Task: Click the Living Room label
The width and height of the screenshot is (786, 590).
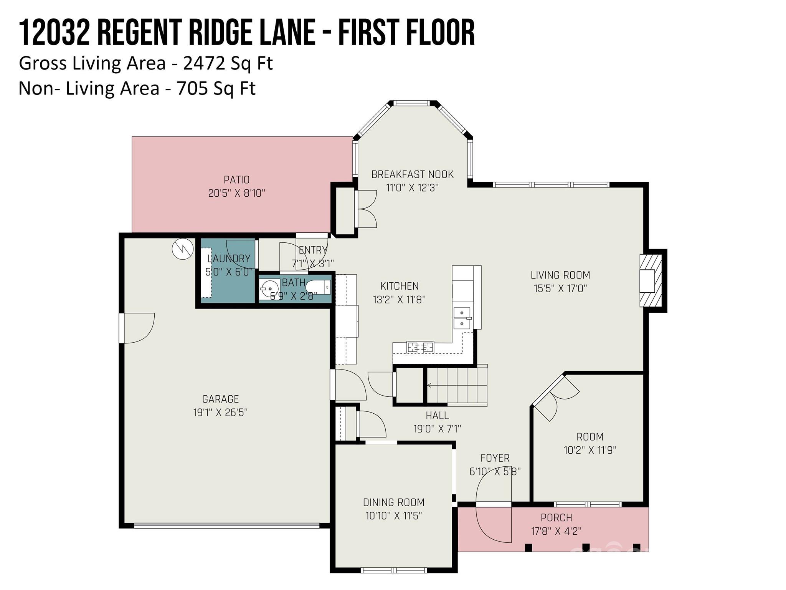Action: pos(560,275)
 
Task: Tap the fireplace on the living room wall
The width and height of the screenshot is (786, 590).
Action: pos(651,280)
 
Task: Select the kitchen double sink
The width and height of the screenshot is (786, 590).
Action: pos(462,318)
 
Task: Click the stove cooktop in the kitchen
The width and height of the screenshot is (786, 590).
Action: pos(420,347)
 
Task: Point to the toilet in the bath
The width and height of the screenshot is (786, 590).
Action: pos(318,287)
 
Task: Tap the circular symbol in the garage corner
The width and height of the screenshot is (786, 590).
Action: pos(182,249)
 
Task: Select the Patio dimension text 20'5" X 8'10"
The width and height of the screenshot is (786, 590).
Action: pos(237,193)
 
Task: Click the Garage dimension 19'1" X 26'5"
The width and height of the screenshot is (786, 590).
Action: pos(220,413)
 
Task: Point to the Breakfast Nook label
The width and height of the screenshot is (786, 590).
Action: pos(413,174)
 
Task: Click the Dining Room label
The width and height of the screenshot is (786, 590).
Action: pos(394,502)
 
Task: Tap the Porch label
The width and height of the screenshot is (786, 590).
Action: pos(556,518)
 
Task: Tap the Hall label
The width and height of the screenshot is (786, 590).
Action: pos(437,416)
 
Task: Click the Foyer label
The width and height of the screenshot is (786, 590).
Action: pos(495,458)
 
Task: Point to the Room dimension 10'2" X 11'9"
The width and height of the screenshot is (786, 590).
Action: pos(590,450)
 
